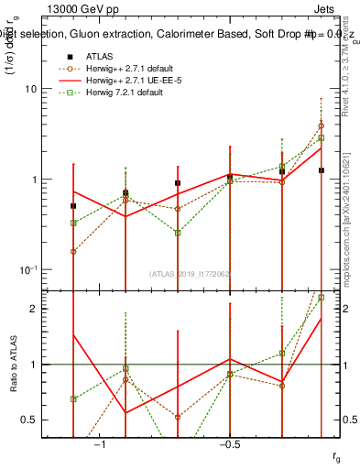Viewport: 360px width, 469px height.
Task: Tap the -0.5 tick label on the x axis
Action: (229, 444)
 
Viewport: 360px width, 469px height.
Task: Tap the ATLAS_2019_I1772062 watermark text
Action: (191, 273)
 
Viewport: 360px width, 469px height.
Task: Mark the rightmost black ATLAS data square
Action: (322, 170)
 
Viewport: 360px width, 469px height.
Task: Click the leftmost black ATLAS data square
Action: (73, 206)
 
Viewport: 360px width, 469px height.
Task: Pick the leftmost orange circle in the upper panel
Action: (73, 251)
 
